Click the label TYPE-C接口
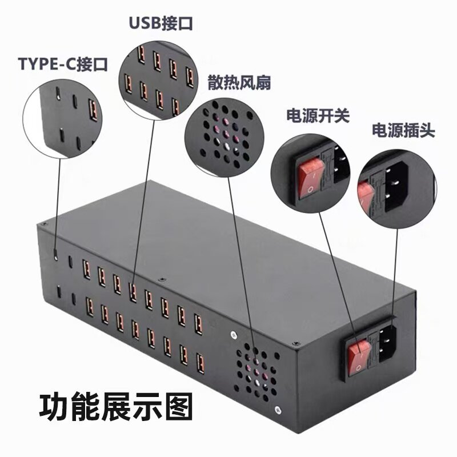point(63,63)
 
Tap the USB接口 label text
point(160,23)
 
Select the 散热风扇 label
point(239,82)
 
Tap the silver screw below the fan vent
point(278,409)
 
